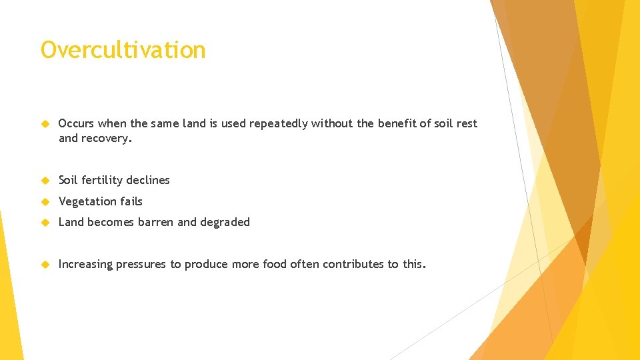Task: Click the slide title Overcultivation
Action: coord(123,50)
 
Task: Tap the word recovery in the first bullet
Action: coord(107,138)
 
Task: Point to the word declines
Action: coord(152,180)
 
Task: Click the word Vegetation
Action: coord(86,201)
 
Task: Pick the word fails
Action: coord(130,201)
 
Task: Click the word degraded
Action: coord(225,222)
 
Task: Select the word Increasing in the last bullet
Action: coord(85,265)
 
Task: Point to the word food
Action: coord(275,264)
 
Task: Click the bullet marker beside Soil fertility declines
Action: coord(45,180)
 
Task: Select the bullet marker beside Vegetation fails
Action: coord(45,201)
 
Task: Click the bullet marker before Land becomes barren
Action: coord(45,222)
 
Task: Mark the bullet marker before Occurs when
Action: coord(45,124)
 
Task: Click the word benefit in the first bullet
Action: coord(397,123)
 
